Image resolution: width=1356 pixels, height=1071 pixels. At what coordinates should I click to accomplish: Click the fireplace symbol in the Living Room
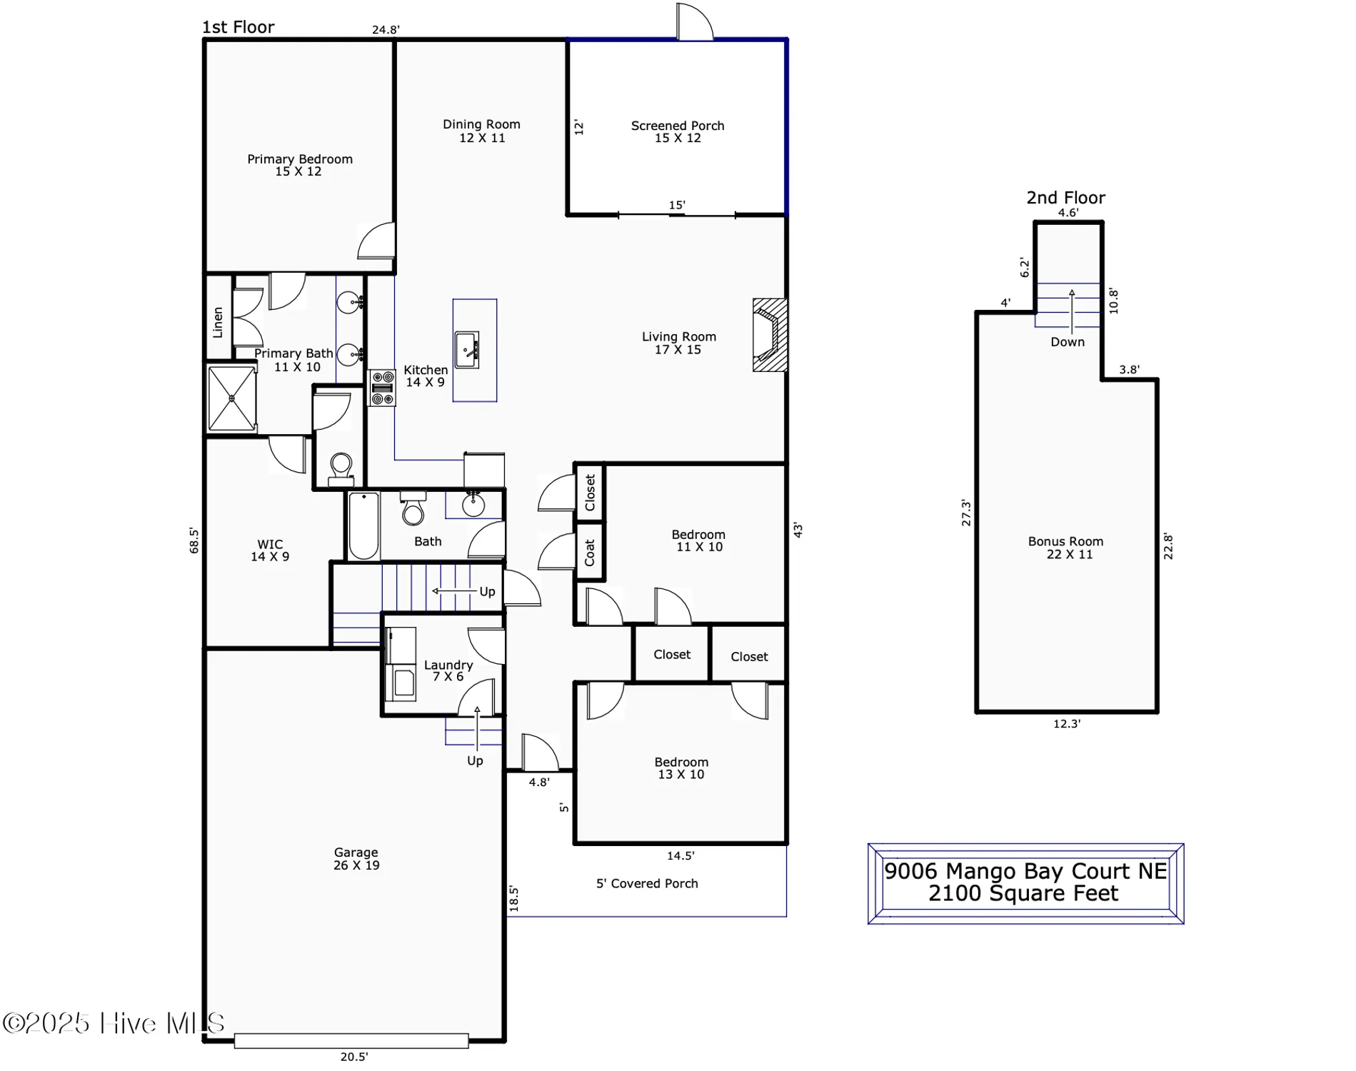point(770,335)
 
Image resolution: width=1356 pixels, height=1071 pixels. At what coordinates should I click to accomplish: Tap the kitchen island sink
point(467,350)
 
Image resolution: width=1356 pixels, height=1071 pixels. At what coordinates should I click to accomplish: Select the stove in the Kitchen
point(382,388)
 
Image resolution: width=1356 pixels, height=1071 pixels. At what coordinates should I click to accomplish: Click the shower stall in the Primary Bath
point(231,398)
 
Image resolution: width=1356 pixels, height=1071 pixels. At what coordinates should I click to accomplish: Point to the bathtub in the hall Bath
point(363,526)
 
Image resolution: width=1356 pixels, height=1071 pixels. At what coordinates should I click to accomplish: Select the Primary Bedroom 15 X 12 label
point(299,165)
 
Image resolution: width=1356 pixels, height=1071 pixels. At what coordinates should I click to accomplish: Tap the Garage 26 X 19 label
point(356,858)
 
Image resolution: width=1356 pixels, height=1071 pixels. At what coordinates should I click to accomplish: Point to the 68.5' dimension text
point(194,540)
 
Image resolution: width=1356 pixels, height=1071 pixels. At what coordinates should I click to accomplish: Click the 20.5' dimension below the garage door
point(353,1057)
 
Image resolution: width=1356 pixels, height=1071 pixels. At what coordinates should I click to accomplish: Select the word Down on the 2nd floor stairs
point(1067,342)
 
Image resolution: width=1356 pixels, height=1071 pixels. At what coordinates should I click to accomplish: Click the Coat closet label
point(590,552)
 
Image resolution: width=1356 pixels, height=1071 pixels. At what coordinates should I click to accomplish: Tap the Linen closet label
point(218,322)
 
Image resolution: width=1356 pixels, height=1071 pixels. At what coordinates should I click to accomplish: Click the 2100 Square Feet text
point(1023,893)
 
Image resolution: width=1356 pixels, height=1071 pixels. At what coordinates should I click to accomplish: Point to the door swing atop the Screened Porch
point(694,21)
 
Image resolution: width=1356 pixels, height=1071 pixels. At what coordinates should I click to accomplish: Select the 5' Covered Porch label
point(646,883)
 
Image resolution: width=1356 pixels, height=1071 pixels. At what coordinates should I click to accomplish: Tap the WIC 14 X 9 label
point(270,550)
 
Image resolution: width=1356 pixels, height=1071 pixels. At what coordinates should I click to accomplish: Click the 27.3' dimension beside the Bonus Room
point(966,513)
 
